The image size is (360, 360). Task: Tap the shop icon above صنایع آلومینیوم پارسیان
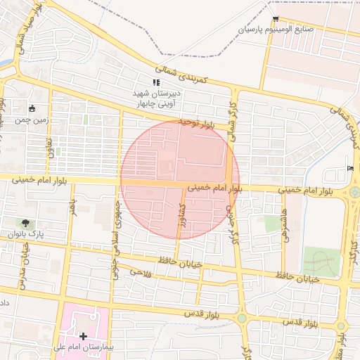point(275,19)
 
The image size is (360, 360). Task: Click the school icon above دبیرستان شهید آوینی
point(156,82)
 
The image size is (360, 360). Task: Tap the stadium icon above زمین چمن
point(32,108)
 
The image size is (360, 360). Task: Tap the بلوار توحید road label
point(193,123)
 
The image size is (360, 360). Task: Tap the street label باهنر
point(72,207)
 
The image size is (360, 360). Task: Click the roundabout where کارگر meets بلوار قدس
point(242,318)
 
